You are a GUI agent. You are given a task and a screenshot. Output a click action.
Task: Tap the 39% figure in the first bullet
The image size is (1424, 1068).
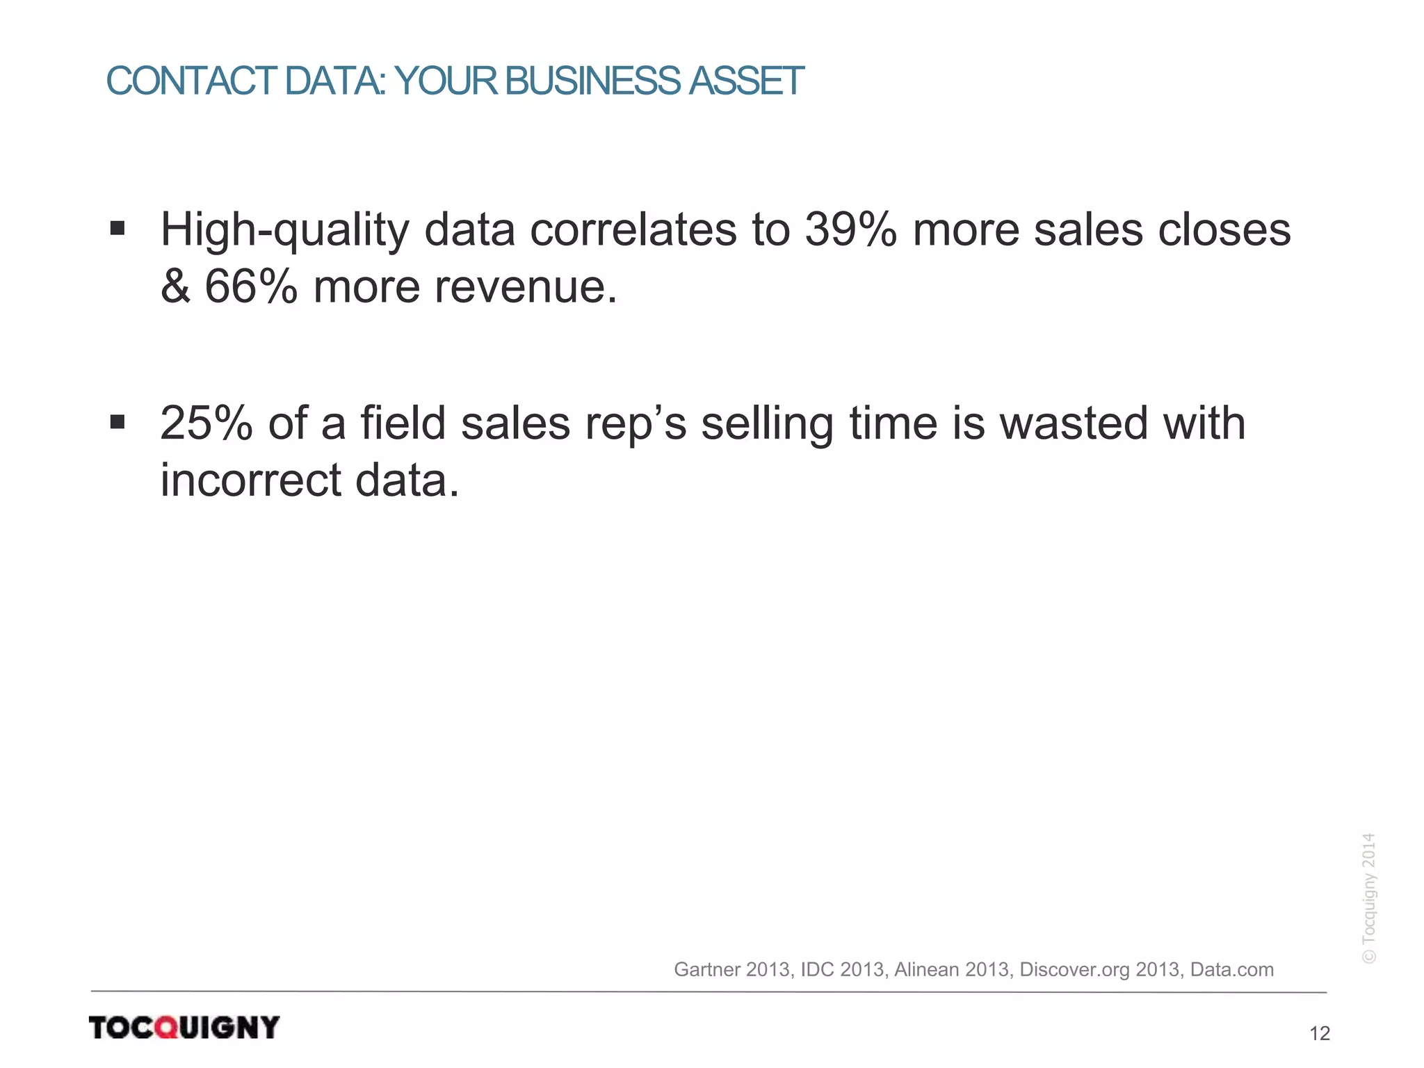click(850, 229)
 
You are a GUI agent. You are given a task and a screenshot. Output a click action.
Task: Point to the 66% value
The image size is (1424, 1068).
click(251, 286)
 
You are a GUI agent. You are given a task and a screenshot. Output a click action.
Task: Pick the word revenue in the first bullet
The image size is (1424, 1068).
click(526, 286)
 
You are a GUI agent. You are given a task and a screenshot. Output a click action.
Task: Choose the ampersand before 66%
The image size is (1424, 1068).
click(175, 286)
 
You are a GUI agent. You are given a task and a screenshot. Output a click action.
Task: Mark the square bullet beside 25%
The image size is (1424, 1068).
click(118, 422)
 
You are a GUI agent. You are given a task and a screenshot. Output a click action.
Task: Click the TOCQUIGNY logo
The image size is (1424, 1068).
click(184, 1027)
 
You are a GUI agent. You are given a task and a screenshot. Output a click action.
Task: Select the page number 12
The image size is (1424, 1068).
click(1319, 1034)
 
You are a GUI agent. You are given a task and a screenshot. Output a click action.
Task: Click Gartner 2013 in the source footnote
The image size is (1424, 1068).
click(731, 969)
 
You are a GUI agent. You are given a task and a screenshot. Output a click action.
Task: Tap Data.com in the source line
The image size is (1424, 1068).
click(1232, 969)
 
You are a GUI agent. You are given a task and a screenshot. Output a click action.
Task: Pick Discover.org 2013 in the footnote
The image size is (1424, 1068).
click(1099, 969)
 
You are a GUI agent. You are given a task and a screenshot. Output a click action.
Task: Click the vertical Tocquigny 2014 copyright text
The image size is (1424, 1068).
click(1368, 898)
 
